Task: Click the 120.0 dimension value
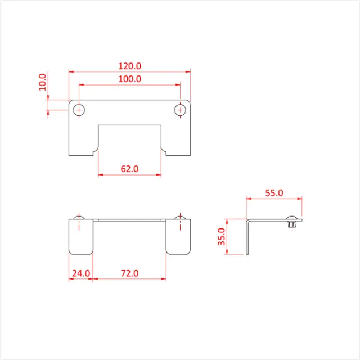[x=130, y=66]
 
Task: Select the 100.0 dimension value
[x=130, y=79]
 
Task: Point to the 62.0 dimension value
[x=130, y=168]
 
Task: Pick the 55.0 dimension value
[x=274, y=192]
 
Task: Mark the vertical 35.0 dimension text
[x=221, y=237]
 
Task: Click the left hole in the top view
[x=80, y=109]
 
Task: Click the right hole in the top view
[x=180, y=109]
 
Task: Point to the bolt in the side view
[x=291, y=223]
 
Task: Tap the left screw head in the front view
[x=80, y=217]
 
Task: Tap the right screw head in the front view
[x=180, y=217]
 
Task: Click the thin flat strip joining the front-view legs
[x=130, y=220]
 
